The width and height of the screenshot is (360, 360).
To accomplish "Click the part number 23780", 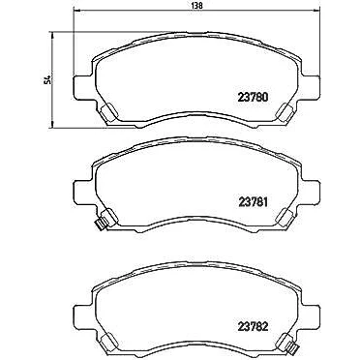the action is (x=253, y=98).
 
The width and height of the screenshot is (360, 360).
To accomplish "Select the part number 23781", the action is (x=253, y=202).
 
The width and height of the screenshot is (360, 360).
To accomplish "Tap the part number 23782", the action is (x=253, y=327).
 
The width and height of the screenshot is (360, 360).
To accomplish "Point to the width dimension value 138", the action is (x=196, y=5).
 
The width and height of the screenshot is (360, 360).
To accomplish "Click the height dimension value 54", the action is (x=48, y=79).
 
